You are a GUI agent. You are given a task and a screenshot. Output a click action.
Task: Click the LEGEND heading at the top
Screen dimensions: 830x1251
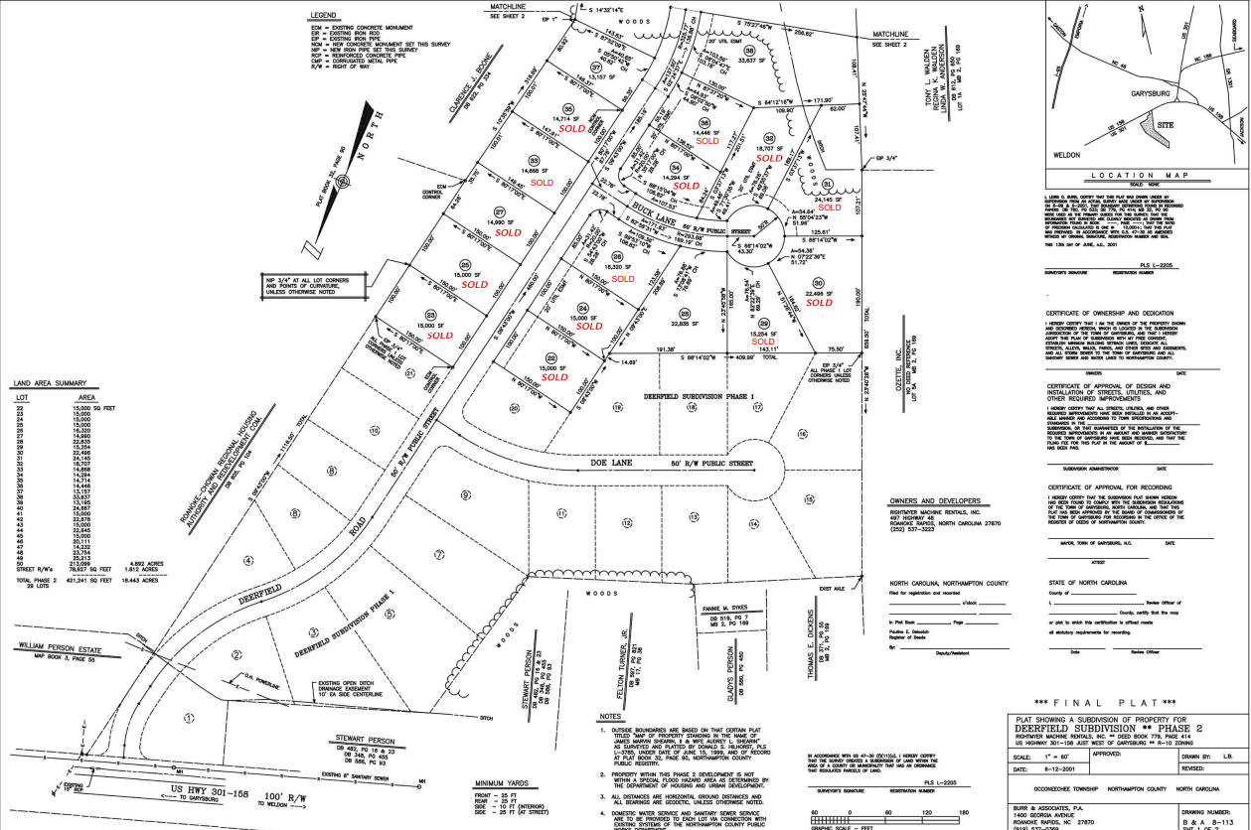323,16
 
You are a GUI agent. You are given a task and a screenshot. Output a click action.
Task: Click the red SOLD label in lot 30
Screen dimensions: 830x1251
819,303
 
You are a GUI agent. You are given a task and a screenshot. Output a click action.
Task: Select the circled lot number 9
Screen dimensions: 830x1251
464,495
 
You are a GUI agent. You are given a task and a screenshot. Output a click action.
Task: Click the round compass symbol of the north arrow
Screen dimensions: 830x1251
344,182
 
